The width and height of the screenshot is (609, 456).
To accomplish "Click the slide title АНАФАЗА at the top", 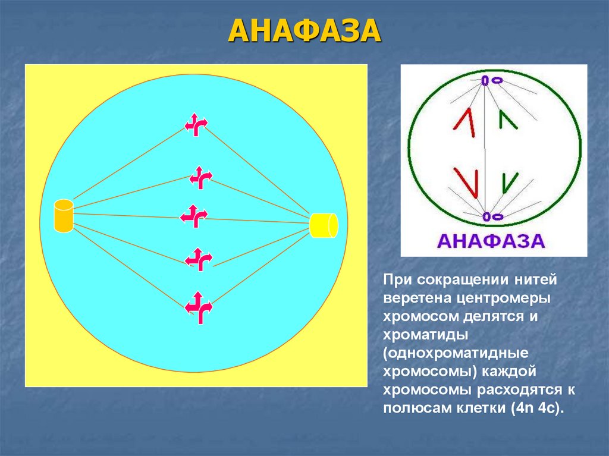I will pos(304,30).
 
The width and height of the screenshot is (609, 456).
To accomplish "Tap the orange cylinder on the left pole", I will pos(63,216).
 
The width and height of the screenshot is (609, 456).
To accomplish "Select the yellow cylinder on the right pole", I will pos(324,225).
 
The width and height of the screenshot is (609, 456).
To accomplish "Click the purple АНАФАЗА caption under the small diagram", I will pos(491,241).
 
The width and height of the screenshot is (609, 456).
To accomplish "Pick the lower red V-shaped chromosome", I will pos(466,181).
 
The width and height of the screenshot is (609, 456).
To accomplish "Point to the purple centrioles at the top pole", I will pos(491,80).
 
